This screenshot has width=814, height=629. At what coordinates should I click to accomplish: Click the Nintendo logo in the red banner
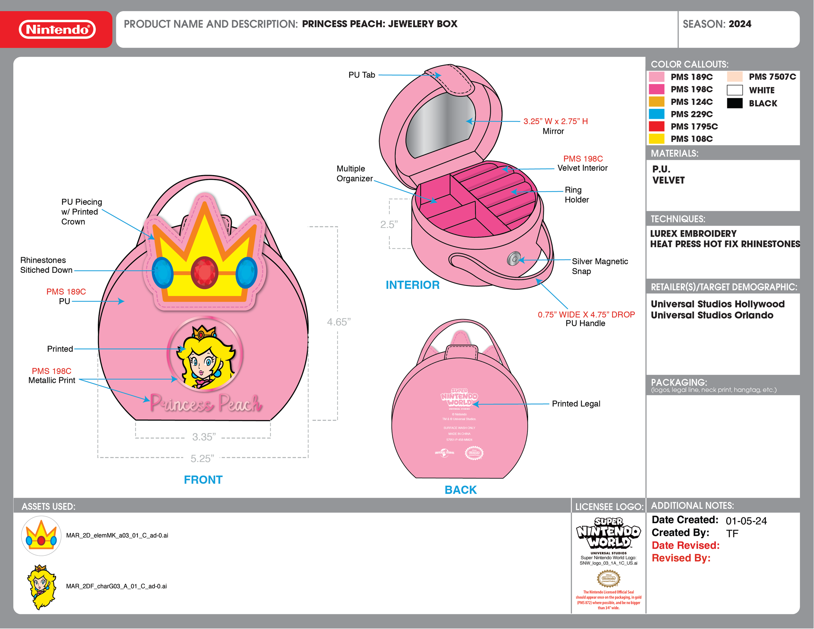coord(57,29)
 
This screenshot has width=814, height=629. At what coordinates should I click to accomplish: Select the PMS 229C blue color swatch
coord(656,114)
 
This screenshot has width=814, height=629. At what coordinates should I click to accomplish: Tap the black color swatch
coord(735,103)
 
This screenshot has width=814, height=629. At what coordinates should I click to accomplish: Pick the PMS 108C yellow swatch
coord(656,139)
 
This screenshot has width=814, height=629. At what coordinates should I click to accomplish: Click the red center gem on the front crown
coord(204,273)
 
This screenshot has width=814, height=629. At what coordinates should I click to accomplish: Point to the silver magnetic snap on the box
coord(513,259)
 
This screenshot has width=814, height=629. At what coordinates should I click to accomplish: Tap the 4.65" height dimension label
coord(338,322)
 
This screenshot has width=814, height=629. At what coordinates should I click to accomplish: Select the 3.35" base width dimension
coord(204,437)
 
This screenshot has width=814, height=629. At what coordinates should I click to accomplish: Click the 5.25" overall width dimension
coord(203,458)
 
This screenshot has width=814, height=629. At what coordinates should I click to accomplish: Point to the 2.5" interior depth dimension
coord(389,224)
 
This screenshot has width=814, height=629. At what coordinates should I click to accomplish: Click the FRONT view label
coord(203,480)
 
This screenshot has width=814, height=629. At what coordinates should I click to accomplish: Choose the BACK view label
coord(460,490)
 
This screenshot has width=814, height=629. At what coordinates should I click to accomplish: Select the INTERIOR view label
coord(413,285)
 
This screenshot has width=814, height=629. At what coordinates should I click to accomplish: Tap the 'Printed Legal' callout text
coord(576,404)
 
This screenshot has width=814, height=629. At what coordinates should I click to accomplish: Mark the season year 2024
coord(740,24)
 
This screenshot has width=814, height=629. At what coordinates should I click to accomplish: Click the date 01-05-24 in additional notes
coord(746,521)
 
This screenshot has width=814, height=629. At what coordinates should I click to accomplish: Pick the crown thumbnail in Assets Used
coord(41,536)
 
